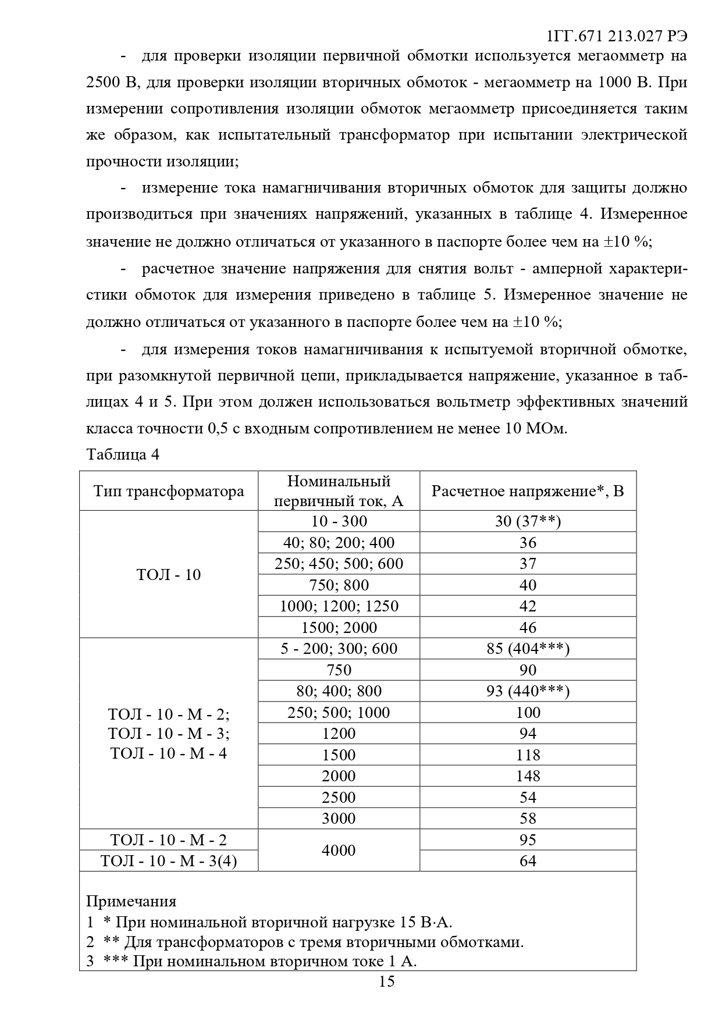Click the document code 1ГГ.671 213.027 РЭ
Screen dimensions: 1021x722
pos(617,36)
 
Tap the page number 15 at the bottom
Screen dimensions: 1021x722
pos(386,982)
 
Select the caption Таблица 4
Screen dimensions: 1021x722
pos(123,454)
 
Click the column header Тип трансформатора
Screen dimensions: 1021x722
pos(169,491)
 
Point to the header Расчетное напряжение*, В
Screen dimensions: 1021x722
pos(527,491)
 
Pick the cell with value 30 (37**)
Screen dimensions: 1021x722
pos(527,521)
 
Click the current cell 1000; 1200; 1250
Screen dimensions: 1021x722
pos(339,606)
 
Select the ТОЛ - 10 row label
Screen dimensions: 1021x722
pos(169,575)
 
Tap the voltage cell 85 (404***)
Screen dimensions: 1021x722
pos(527,649)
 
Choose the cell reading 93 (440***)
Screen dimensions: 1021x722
pos(527,691)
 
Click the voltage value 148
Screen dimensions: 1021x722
pos(527,776)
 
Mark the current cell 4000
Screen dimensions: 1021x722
pos(339,851)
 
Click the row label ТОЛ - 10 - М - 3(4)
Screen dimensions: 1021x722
pos(169,861)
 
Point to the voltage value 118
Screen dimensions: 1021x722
pos(527,755)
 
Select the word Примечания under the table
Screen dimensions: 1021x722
pos(131,902)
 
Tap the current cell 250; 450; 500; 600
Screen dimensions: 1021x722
pos(339,564)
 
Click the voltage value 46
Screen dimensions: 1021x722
pos(527,628)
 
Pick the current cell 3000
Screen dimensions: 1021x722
pos(339,819)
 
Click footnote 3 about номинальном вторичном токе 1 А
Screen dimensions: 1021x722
pos(251,961)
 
